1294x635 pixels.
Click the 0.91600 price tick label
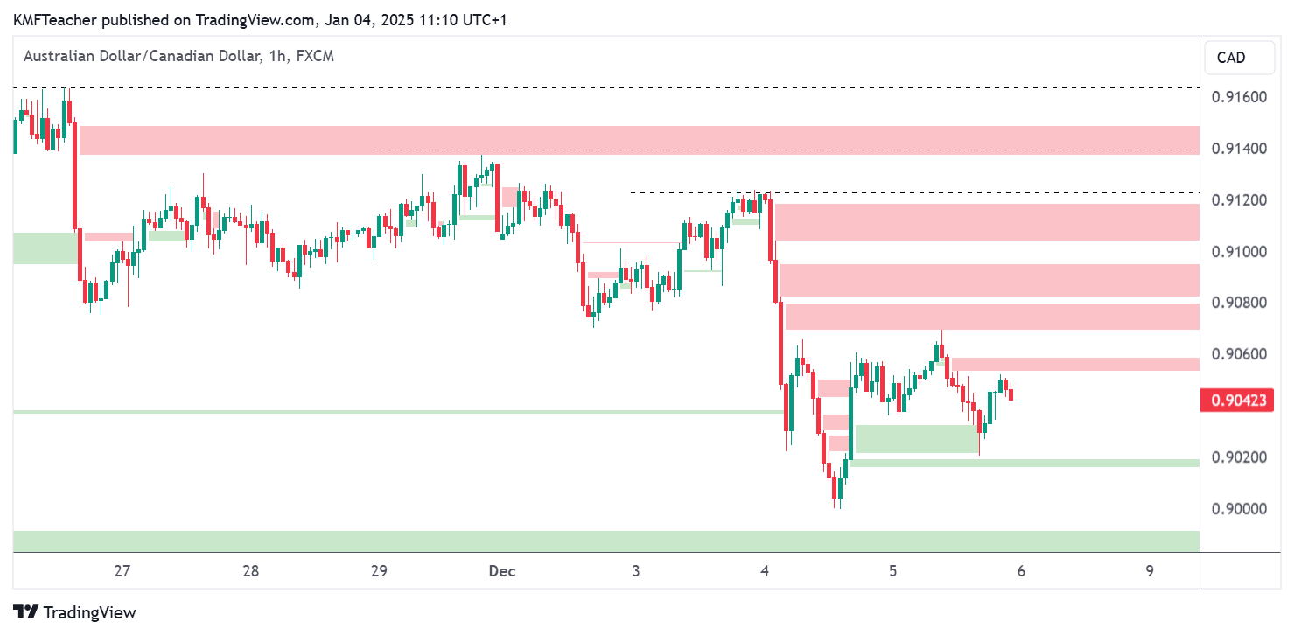point(1239,97)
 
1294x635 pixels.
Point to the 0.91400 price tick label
point(1239,149)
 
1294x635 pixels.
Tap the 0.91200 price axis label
point(1239,200)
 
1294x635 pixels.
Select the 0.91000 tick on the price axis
point(1239,252)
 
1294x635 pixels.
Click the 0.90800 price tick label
point(1239,304)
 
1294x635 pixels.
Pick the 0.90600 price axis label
point(1239,354)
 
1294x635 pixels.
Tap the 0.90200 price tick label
point(1239,457)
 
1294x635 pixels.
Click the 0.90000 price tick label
point(1239,509)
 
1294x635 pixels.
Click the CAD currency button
point(1231,58)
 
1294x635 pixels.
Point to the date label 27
point(122,571)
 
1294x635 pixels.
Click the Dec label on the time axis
point(502,571)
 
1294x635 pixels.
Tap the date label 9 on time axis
point(1150,571)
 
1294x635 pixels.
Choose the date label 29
point(379,571)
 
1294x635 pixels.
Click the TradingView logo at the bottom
point(75,612)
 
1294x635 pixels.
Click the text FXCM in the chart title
point(315,56)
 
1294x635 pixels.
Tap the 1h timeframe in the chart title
point(277,56)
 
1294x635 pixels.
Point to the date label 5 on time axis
point(893,571)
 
